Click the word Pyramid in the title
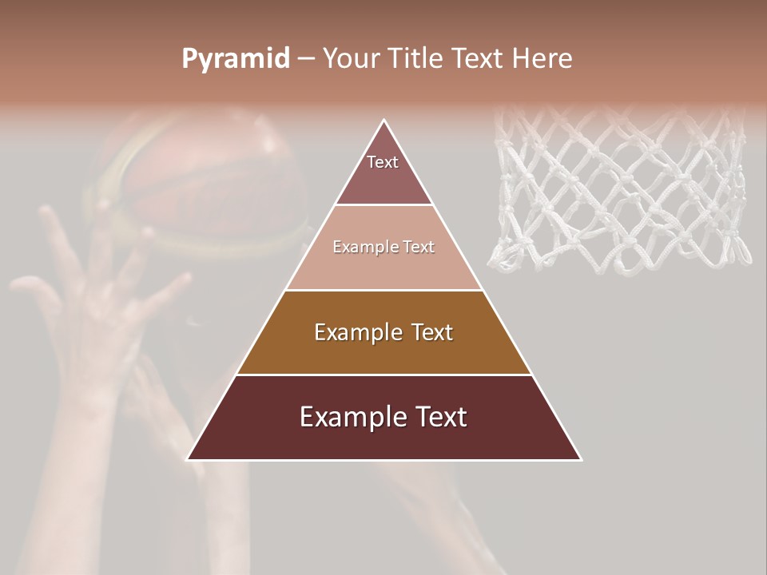pos(235,58)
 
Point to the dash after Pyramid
pos(306,58)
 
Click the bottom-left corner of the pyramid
pos(189,459)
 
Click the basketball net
pos(619,192)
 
